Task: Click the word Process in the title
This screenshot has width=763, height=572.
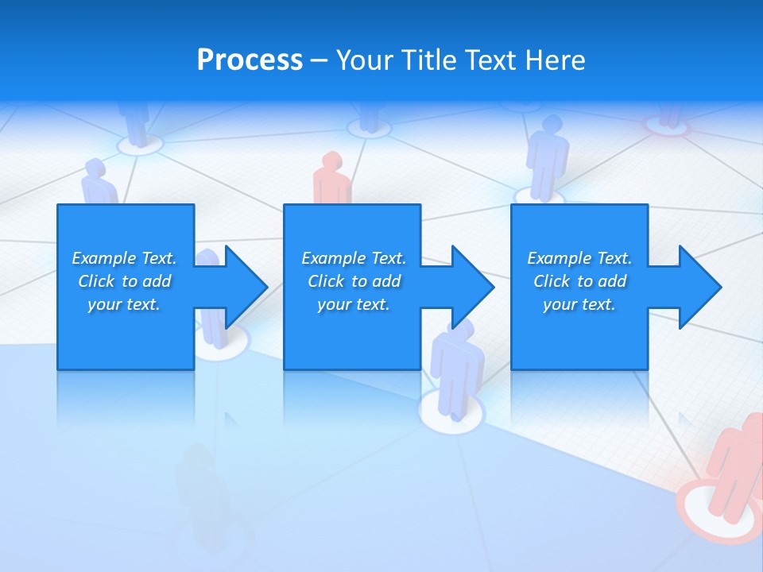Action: (250, 60)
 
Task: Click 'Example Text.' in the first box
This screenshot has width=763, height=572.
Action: (124, 258)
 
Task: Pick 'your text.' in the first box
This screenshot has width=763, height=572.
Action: (124, 304)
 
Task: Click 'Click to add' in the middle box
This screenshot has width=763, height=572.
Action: (354, 281)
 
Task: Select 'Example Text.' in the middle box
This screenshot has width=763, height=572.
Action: (354, 258)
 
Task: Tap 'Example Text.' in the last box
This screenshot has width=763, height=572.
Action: (579, 258)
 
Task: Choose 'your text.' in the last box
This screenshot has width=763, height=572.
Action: (579, 304)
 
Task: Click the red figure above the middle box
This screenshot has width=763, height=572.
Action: (331, 179)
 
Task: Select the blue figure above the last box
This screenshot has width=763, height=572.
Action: (548, 159)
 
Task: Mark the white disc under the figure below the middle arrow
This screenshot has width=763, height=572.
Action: (451, 413)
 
